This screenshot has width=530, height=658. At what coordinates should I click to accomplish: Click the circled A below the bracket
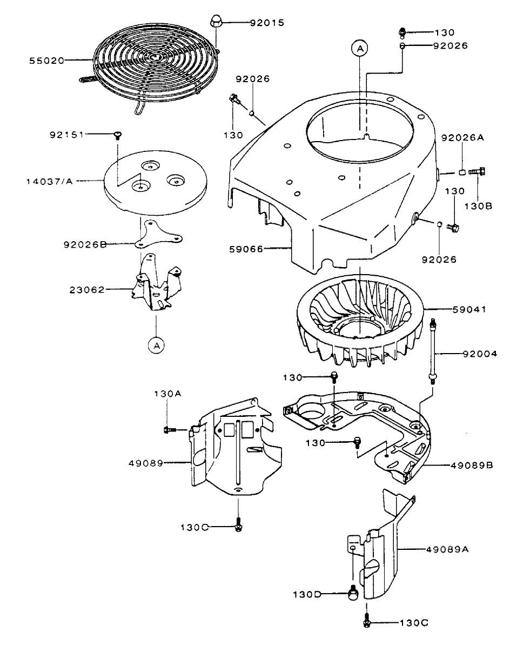[156, 344]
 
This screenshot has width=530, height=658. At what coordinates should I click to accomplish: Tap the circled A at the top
[360, 49]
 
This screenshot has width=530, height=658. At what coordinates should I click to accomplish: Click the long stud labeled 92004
[433, 352]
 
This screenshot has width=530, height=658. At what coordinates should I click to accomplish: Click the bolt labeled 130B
[477, 172]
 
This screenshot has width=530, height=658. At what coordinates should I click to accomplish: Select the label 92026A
[462, 137]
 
